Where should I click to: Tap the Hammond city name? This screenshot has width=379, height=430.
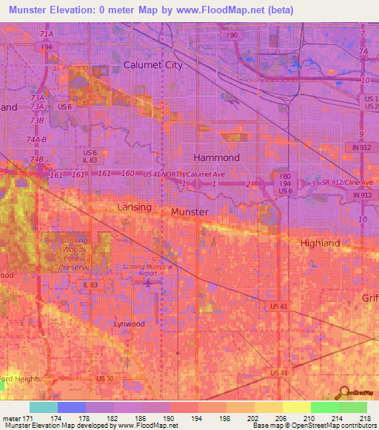pos(216,157)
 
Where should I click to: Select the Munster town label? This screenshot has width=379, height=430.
pos(189,211)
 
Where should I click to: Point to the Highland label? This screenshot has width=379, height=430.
pos(320,242)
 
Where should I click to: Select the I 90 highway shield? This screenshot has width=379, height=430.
pos(233,35)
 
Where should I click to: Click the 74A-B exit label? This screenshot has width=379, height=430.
pos(36,139)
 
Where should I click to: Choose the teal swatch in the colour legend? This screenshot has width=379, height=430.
pos(43,407)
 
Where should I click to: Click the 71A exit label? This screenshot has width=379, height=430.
pos(47,34)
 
